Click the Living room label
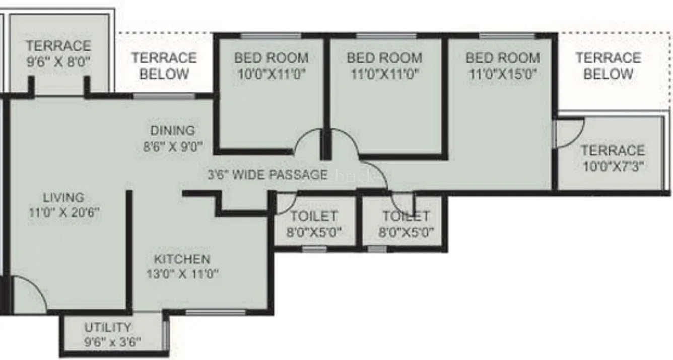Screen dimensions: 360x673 click(x=63, y=197)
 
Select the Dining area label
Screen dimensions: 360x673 click(x=172, y=130)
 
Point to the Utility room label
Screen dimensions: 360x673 click(x=108, y=327)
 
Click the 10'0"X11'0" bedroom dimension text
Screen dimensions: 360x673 click(x=271, y=74)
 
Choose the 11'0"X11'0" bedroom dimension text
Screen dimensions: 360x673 click(x=384, y=74)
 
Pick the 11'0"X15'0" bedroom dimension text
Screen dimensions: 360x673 click(x=502, y=74)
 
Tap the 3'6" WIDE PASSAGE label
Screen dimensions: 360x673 click(x=267, y=175)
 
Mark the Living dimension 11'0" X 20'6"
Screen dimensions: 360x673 click(x=64, y=212)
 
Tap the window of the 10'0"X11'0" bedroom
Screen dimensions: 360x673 click(x=271, y=36)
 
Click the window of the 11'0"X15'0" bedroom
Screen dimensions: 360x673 click(x=507, y=36)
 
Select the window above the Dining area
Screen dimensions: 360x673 click(x=164, y=96)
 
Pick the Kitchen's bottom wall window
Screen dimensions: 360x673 click(x=215, y=313)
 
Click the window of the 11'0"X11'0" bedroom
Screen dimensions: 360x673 click(x=386, y=36)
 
